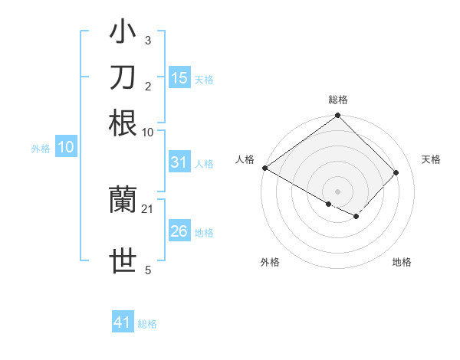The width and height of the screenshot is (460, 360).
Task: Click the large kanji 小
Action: (123, 33)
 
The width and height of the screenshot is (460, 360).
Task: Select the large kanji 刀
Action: (123, 77)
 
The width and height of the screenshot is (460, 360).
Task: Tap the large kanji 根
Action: (123, 123)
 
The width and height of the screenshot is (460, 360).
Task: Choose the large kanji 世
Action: (123, 261)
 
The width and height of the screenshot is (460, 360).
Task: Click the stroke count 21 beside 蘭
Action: (148, 209)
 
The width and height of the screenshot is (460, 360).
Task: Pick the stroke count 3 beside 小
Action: (148, 40)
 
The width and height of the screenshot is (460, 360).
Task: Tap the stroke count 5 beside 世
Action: (148, 270)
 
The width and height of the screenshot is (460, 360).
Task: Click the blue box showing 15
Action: (179, 78)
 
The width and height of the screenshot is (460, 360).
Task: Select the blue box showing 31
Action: (179, 162)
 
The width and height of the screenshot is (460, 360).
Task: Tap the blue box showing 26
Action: (179, 232)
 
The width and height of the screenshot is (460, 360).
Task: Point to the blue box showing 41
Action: (123, 322)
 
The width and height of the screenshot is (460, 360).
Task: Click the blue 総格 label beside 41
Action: (147, 324)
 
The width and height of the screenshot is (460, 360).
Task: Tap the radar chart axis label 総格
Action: (338, 100)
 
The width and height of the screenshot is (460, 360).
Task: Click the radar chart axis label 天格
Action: (432, 159)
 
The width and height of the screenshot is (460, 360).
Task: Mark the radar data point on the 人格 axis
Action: (264, 168)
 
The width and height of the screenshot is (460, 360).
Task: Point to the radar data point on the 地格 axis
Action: (356, 217)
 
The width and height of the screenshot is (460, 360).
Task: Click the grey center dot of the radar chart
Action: (338, 191)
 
